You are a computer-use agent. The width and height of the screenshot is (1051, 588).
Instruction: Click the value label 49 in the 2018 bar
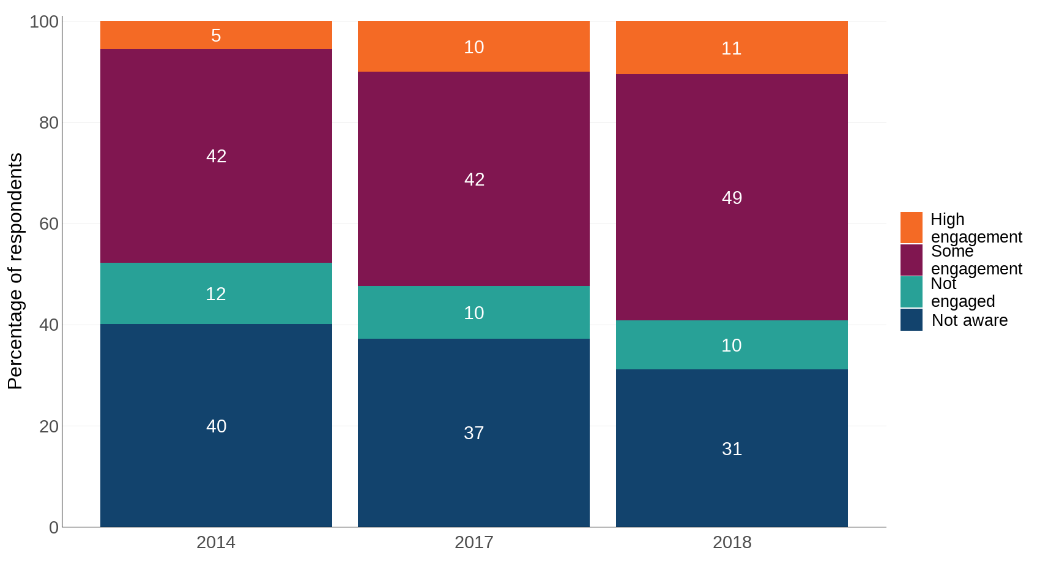coord(732,197)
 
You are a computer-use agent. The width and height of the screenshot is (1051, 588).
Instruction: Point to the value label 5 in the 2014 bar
coord(216,36)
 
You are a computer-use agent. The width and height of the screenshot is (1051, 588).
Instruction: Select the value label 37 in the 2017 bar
coord(474,433)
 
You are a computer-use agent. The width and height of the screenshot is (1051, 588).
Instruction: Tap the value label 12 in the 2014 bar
coord(216,294)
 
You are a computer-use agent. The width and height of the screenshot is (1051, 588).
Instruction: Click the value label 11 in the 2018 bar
coord(732,48)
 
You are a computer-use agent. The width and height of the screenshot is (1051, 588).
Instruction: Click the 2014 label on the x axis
coord(216,542)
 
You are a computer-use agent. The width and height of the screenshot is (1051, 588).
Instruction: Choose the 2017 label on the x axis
coord(474,542)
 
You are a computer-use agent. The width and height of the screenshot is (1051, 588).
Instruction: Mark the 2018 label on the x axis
coord(732,542)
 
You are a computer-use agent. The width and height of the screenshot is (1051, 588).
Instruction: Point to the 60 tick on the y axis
coord(49,224)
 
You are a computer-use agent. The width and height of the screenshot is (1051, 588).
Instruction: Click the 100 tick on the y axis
coord(44,21)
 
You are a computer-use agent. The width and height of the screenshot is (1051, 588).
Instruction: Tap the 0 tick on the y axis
coord(54,527)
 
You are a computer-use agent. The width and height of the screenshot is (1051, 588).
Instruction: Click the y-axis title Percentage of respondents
coord(15,271)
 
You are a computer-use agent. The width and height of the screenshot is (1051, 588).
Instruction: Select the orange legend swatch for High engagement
coord(911,227)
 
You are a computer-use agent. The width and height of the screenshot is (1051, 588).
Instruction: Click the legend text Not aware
coord(969,320)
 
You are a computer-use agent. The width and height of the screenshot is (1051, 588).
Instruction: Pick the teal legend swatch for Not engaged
coord(911,292)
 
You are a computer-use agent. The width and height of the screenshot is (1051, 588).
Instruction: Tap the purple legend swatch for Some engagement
coord(911,260)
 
